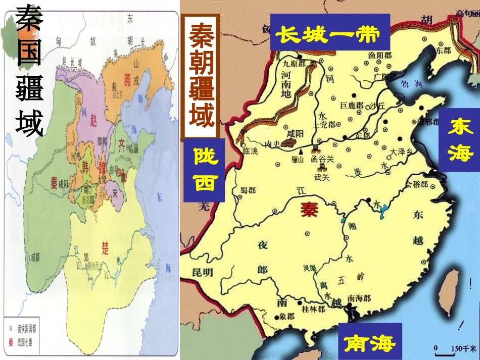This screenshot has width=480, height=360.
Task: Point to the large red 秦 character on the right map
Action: coord(308,209)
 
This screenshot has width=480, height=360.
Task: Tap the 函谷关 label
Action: coord(323,159)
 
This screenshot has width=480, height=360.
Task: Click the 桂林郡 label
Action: coord(313,309)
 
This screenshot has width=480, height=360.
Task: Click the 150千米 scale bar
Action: coord(456,348)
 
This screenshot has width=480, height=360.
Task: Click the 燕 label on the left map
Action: coord(127,83)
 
